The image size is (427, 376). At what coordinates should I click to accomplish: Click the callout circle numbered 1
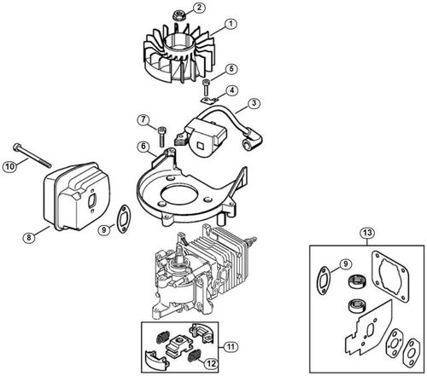231,24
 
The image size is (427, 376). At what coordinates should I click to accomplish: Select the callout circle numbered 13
367,233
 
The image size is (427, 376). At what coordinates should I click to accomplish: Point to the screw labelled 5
206,88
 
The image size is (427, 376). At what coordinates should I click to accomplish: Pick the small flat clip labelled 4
209,100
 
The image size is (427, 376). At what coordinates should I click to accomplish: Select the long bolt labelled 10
32,155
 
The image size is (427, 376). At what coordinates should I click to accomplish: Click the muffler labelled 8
77,196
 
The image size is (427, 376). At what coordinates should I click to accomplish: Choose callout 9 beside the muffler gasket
103,229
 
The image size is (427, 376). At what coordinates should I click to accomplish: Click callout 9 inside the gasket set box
346,264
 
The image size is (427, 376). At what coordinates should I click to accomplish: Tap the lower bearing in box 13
356,305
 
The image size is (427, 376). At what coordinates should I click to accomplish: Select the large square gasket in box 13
390,275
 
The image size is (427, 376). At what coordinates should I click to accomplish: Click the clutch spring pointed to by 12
195,356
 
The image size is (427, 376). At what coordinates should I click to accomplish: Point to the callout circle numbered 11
231,347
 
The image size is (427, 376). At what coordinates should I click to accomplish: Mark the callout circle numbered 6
143,147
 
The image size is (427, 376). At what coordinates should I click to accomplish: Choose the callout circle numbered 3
254,103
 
